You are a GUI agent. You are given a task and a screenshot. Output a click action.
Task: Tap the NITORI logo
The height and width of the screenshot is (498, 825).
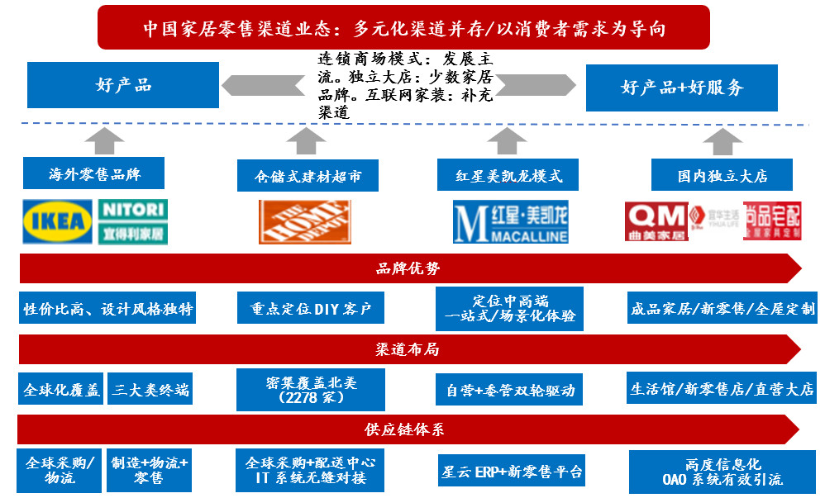[133, 221]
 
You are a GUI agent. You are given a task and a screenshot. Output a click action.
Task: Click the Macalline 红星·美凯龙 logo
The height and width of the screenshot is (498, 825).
[511, 221]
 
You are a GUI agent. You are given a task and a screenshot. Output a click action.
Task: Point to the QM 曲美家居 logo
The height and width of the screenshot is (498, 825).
[655, 221]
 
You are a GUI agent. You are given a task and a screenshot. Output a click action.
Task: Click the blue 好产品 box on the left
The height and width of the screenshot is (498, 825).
[123, 85]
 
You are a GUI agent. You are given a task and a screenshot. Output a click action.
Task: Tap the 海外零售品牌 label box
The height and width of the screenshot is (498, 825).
[93, 174]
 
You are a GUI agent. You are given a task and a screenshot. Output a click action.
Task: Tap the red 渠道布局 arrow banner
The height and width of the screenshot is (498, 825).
[408, 349]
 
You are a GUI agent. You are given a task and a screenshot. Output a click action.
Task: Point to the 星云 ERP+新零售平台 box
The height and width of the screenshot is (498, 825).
[511, 472]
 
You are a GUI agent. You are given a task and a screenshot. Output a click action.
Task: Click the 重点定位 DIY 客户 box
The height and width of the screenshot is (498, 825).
[311, 309]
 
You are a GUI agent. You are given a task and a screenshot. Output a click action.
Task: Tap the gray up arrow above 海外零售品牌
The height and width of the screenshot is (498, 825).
[103, 140]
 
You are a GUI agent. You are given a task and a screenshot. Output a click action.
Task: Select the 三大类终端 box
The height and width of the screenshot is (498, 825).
[151, 389]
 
